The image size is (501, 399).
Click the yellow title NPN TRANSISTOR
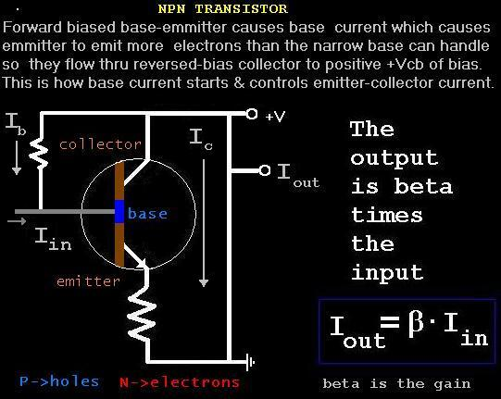coord(222,8)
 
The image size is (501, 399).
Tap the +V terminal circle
coord(252,114)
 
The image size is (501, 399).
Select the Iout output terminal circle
coord(265,170)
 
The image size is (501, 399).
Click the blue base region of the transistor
coord(119,211)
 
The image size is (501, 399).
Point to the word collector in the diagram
coord(100,144)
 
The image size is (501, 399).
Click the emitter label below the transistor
coord(88,281)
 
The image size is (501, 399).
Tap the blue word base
coord(147,214)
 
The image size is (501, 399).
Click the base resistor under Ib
coord(39,154)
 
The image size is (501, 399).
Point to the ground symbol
coord(250,362)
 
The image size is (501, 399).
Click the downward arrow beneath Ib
coord(17,158)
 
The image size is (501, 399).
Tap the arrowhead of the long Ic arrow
coord(204,282)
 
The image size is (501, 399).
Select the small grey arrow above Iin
coord(17,220)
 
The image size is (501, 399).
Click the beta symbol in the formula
coord(416,324)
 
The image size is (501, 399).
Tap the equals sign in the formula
coord(390,322)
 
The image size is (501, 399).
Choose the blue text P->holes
coord(59,381)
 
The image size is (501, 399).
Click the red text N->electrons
coord(180,382)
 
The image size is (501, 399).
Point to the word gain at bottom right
coord(452,383)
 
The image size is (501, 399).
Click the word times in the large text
coord(387,215)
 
